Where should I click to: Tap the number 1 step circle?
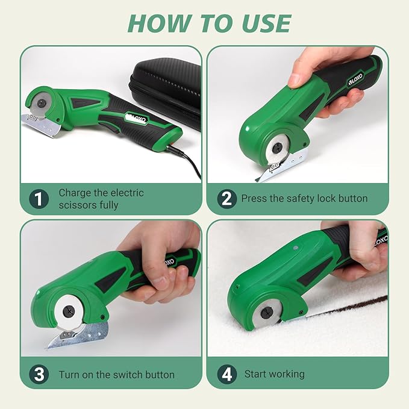(x=39, y=199)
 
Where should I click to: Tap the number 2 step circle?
(x=226, y=199)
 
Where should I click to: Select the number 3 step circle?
(x=39, y=374)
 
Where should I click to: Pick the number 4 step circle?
(x=226, y=374)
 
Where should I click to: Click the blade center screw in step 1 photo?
(x=41, y=103)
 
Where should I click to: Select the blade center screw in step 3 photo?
(x=69, y=311)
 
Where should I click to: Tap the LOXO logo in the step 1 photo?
(x=137, y=118)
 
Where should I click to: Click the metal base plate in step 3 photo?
(x=78, y=336)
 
